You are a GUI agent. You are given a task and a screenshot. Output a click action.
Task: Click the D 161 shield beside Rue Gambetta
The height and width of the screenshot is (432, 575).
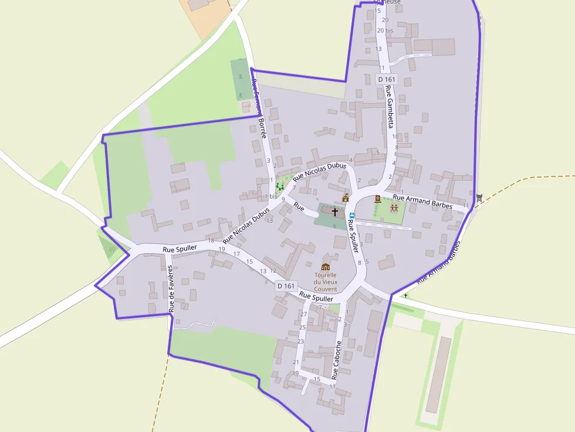pos(387,79)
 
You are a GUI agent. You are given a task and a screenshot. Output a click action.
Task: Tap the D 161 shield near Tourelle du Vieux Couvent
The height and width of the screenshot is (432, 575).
pos(286,285)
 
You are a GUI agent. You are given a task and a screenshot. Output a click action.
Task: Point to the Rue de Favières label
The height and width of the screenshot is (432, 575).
pos(171,288)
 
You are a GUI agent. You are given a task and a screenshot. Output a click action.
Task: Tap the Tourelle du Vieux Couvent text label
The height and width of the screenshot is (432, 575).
pos(326,281)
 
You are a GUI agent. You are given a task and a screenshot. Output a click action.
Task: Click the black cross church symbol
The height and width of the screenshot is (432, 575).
pos(335,211)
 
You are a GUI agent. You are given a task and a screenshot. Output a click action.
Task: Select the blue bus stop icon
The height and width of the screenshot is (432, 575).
pos(352,215)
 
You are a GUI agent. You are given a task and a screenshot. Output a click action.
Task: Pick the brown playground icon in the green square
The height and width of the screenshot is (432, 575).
pos(394,208)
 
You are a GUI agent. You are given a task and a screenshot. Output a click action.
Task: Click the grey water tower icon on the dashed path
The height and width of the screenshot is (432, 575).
pos(480,198)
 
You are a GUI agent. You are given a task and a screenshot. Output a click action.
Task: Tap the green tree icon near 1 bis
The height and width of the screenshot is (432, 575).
pos(280,186)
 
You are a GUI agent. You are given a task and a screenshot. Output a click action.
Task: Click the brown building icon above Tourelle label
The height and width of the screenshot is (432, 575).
pos(326,267)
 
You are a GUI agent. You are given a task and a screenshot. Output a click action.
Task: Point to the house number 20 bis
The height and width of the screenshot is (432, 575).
pos(385,30)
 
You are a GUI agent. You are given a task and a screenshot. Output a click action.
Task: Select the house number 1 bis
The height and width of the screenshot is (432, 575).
pos(270,196)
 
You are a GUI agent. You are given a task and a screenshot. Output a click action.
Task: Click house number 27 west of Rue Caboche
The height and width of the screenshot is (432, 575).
pos(304,315)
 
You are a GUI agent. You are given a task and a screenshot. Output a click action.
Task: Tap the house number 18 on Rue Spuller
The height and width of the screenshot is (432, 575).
pos(211,240)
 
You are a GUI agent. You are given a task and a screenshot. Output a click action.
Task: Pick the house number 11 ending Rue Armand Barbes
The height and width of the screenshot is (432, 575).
pos(466,206)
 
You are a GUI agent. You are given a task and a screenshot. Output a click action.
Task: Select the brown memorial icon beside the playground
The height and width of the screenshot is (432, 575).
pos(378,199)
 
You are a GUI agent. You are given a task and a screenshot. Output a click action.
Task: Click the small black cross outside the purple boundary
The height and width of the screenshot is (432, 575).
pos(405,295)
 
